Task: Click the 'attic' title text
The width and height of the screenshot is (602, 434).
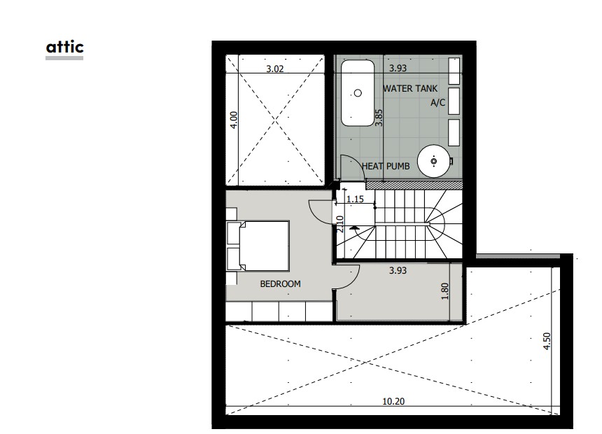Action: point(64,47)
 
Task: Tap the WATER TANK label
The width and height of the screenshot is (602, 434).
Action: point(410,89)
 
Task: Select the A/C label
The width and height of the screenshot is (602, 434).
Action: point(437,103)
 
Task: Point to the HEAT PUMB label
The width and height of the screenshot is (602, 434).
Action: point(387,166)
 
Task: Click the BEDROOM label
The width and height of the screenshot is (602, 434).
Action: point(280,283)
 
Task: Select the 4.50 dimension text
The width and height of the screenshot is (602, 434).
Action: point(547,342)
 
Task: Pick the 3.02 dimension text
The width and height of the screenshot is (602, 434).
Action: point(274,69)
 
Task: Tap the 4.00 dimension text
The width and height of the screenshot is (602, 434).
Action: point(234,119)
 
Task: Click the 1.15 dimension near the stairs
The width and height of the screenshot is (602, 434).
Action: point(355,199)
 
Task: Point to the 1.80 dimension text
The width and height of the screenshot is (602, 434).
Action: point(444,290)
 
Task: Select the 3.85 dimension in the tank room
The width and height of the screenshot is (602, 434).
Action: point(378,116)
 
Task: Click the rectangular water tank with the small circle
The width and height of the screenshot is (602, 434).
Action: point(358,92)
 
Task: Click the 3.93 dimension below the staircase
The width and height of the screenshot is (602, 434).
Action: point(398,269)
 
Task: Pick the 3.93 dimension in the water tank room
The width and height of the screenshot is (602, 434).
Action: point(398,69)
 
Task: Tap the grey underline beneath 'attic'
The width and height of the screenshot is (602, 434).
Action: point(64,58)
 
